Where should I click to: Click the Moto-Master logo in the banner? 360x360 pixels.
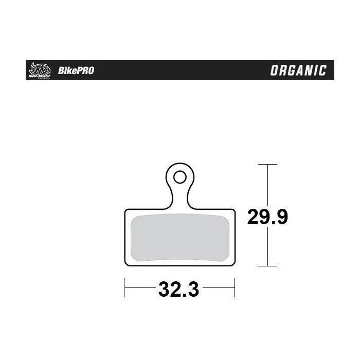[x=39, y=69]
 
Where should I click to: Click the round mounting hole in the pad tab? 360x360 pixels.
[x=179, y=177]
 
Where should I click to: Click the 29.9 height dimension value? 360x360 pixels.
[x=267, y=217]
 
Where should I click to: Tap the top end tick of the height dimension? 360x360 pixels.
[x=267, y=164]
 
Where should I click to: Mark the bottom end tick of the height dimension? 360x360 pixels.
[x=267, y=266]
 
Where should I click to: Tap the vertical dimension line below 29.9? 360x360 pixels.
[x=267, y=247]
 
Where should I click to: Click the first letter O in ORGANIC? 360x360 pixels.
[x=275, y=70]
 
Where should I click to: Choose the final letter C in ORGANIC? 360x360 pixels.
[x=322, y=70]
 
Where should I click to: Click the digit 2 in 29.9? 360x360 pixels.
[x=253, y=217]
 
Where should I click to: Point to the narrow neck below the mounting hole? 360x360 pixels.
[x=179, y=198]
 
